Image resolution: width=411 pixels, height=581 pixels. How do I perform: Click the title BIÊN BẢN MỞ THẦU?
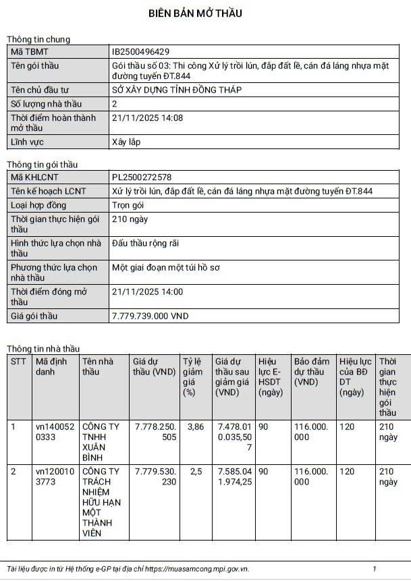click(195, 13)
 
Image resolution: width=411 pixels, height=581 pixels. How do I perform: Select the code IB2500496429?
click(140, 51)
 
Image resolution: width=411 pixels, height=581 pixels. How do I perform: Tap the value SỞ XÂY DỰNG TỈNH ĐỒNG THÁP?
click(176, 90)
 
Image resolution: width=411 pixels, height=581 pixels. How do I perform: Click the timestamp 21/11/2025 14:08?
click(147, 117)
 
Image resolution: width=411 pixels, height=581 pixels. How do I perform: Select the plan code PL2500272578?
click(142, 177)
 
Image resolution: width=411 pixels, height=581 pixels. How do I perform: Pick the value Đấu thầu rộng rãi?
click(145, 243)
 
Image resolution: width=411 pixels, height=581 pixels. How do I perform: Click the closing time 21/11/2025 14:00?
click(147, 292)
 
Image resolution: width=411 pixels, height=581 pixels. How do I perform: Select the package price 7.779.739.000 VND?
click(150, 316)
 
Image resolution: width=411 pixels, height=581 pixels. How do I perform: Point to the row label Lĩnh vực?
click(28, 142)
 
